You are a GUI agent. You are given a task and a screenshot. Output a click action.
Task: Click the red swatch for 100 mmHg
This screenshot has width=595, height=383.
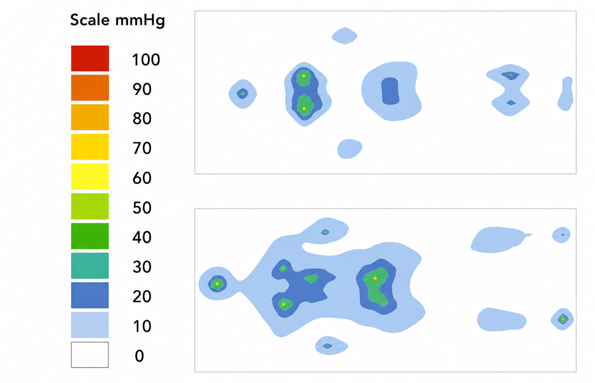tap(90, 58)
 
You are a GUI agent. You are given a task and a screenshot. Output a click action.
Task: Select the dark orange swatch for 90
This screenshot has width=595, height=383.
tap(90, 88)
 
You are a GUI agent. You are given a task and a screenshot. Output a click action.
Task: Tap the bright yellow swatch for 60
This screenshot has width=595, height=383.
tap(90, 176)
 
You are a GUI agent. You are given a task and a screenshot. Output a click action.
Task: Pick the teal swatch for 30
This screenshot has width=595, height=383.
tap(90, 265)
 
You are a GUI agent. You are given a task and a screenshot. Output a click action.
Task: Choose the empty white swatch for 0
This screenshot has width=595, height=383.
tap(90, 355)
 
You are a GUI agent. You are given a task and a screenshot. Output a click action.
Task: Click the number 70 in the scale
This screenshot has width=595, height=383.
tap(142, 148)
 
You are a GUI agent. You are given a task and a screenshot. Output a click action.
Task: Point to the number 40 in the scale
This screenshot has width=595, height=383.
tap(142, 237)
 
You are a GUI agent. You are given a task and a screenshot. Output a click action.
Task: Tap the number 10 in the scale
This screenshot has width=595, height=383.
tap(142, 326)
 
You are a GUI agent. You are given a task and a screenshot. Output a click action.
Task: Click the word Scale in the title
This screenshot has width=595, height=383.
tap(90, 20)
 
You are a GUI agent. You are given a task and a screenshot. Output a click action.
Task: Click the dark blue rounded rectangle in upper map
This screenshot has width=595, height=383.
tap(390, 91)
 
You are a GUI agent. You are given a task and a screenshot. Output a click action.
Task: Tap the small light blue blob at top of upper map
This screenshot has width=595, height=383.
tap(345, 36)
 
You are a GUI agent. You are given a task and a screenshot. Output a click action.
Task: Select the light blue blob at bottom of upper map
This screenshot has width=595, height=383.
tap(350, 149)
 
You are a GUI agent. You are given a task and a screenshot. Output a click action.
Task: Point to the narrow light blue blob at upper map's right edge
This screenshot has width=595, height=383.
tap(565, 94)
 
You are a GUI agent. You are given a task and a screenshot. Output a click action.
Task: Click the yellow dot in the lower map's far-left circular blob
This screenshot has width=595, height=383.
tap(217, 284)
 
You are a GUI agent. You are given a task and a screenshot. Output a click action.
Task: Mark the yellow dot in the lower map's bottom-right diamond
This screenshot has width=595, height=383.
tap(563, 319)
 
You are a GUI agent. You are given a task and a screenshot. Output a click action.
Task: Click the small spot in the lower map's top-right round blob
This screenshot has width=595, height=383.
tap(563, 235)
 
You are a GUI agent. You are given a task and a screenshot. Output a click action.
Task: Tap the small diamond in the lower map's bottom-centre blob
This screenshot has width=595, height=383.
tap(328, 346)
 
